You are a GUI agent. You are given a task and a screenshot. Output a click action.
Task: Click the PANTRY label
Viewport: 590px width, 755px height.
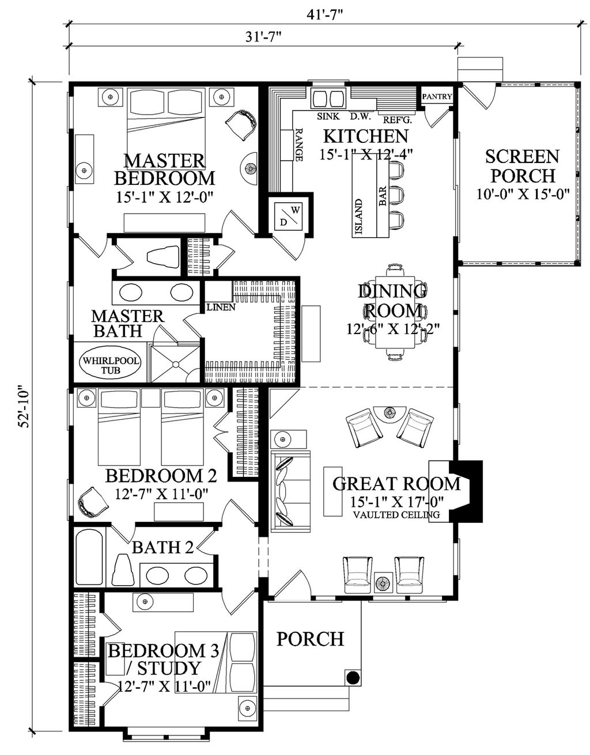437,97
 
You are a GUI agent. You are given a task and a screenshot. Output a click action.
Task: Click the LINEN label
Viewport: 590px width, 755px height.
220,307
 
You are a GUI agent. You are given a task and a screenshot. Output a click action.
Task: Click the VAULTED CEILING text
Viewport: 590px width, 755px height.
396,514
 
